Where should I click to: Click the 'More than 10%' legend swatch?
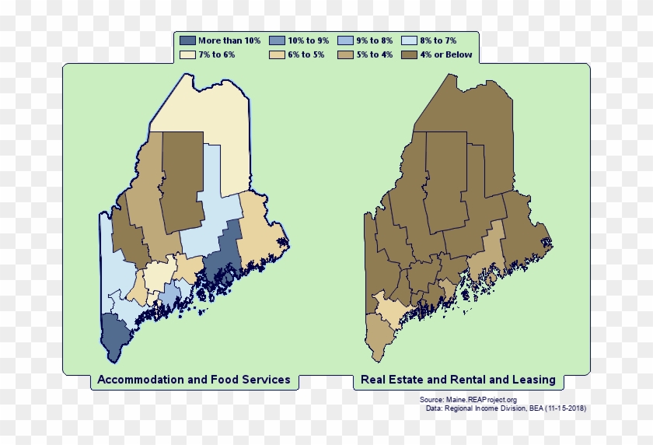tap(187, 40)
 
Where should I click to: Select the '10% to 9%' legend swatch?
tap(277, 40)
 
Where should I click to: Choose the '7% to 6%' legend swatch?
tap(187, 55)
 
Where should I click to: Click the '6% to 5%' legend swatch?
tap(277, 55)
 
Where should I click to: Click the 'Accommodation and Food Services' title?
tap(194, 380)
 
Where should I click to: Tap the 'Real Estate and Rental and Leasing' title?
tap(457, 380)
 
